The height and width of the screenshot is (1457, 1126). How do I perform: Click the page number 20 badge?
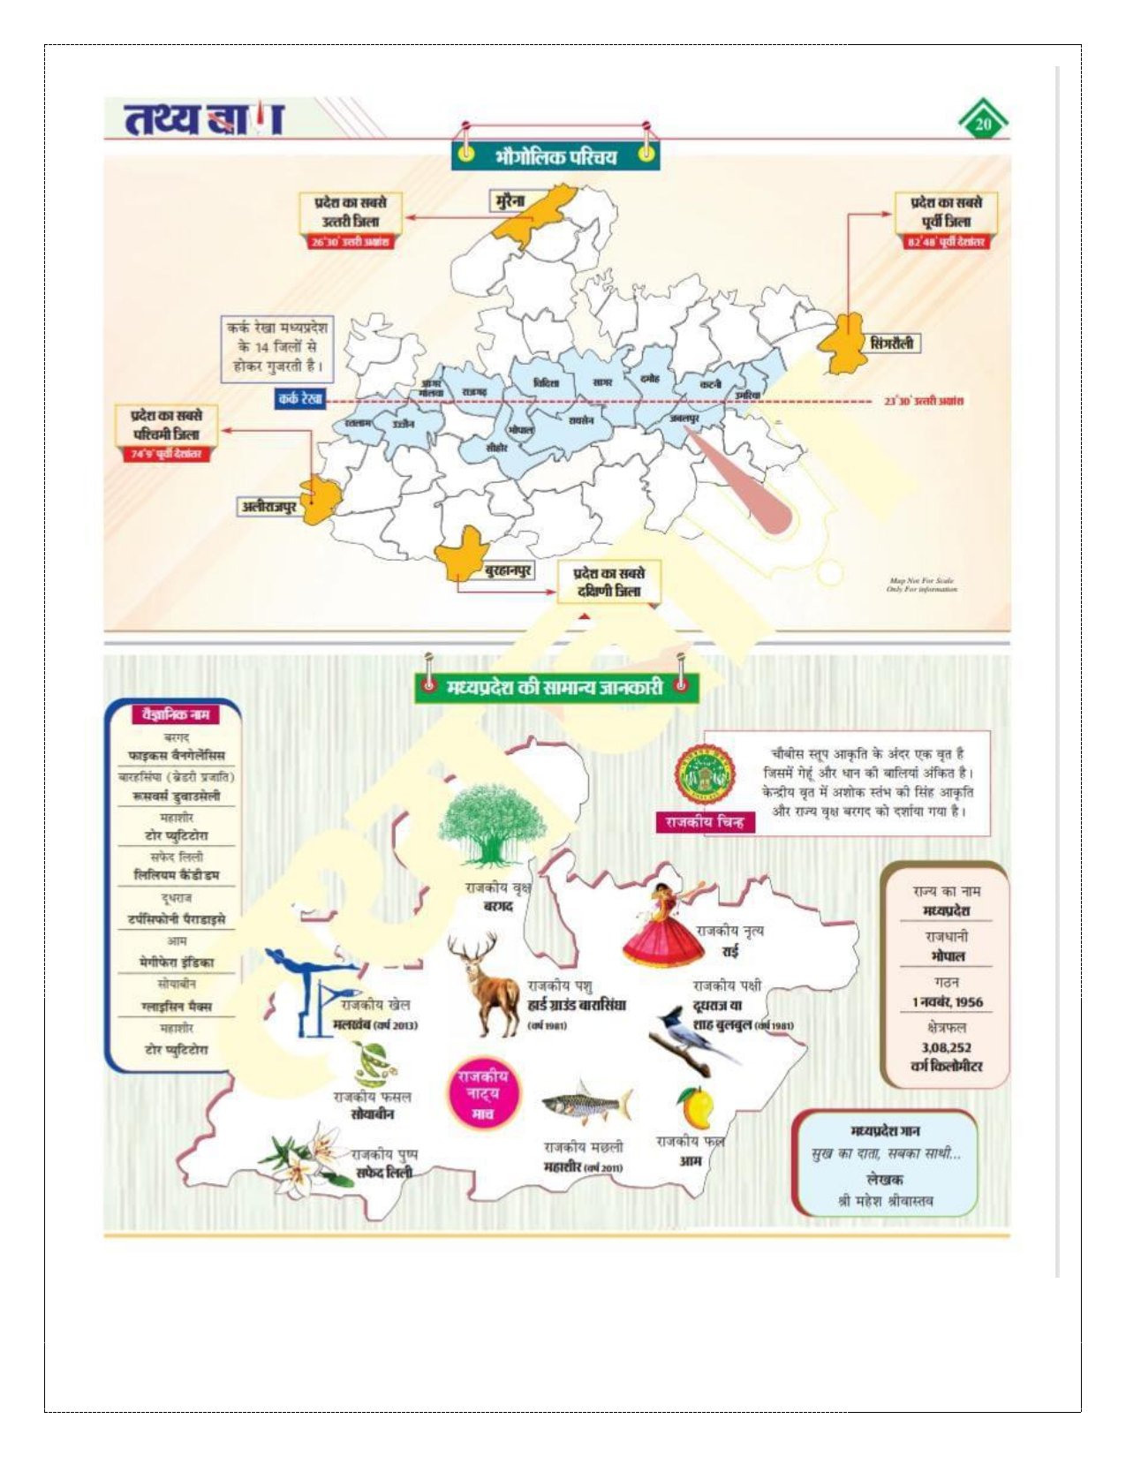[x=983, y=124]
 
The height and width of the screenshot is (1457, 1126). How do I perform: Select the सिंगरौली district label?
[x=892, y=343]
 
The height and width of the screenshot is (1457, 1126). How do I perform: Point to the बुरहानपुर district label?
[x=508, y=570]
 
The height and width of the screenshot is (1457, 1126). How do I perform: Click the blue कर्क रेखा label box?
[x=300, y=399]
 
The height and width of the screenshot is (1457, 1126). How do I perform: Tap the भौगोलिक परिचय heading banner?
[x=556, y=156]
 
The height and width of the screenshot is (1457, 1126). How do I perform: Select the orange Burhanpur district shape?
[x=463, y=553]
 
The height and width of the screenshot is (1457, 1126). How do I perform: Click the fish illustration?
[x=586, y=1103]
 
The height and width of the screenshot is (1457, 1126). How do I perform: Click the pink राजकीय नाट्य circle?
[x=483, y=1093]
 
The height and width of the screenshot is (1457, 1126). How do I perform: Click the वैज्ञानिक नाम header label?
[x=175, y=713]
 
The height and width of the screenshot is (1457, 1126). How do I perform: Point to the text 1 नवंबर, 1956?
[x=947, y=1002]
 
